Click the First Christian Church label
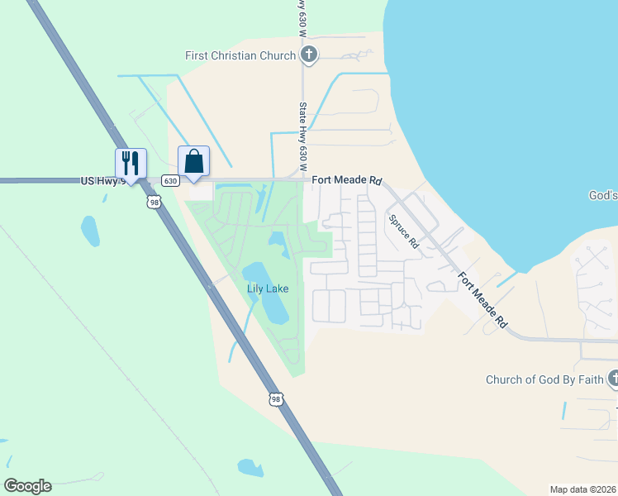click(240, 55)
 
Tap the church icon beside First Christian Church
click(309, 55)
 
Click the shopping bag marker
click(193, 160)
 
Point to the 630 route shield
click(170, 180)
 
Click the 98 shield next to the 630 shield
click(154, 201)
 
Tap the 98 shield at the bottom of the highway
click(275, 399)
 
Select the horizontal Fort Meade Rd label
click(347, 179)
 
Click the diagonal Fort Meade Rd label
click(483, 302)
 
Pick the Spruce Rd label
click(404, 232)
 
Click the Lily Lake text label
click(267, 289)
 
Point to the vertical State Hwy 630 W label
click(303, 132)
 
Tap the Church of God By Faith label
click(544, 380)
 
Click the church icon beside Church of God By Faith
click(613, 379)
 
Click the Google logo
click(27, 485)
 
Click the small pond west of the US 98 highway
click(90, 231)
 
